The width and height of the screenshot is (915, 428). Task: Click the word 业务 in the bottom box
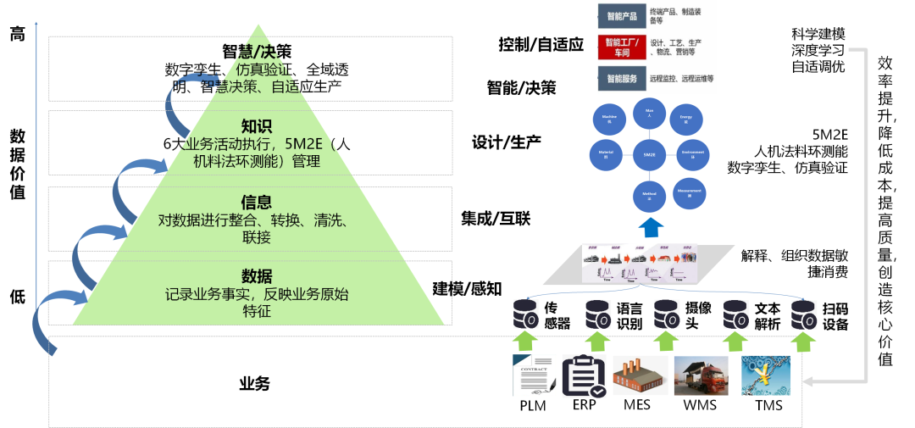[x=254, y=384]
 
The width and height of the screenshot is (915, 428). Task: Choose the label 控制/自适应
[x=541, y=45]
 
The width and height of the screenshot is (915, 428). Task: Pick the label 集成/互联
[x=496, y=219]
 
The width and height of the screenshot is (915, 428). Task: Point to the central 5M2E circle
[x=649, y=154]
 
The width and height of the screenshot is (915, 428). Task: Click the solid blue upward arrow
[x=651, y=227]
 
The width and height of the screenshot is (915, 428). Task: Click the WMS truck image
[x=699, y=375]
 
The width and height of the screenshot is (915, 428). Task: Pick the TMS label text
[x=768, y=405]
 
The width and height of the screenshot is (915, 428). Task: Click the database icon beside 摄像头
[x=666, y=314]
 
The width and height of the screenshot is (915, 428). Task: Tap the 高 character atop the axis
[x=18, y=35]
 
